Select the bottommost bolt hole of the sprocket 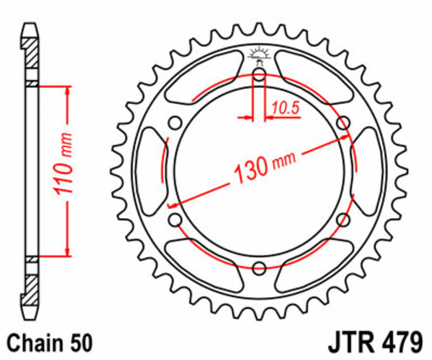(x=259, y=267)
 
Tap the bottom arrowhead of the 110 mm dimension (x=67, y=251)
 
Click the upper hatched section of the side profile (x=32, y=54)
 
